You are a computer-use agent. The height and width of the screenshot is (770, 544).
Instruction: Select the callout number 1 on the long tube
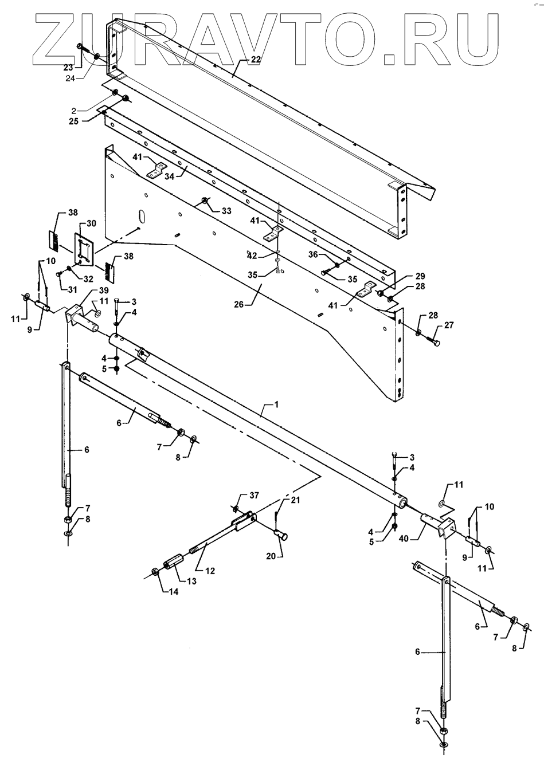276,404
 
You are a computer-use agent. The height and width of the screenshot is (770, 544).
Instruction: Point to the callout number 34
170,176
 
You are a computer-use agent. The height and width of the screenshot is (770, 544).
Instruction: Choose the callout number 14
173,592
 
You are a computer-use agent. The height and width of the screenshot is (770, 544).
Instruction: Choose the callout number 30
91,223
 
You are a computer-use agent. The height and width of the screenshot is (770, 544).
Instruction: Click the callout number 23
69,66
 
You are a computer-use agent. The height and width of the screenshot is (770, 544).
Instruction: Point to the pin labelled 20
280,534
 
